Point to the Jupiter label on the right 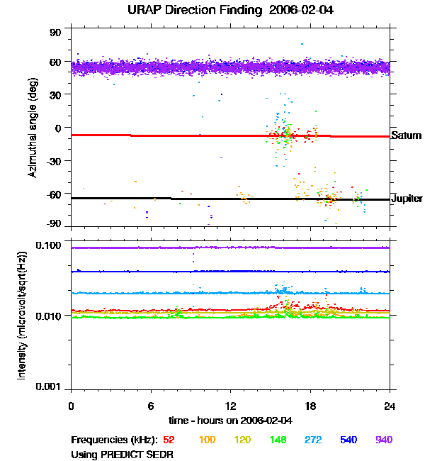407,199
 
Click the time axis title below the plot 230,421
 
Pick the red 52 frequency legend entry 169,440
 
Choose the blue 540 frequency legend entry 348,440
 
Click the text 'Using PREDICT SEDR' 123,454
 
